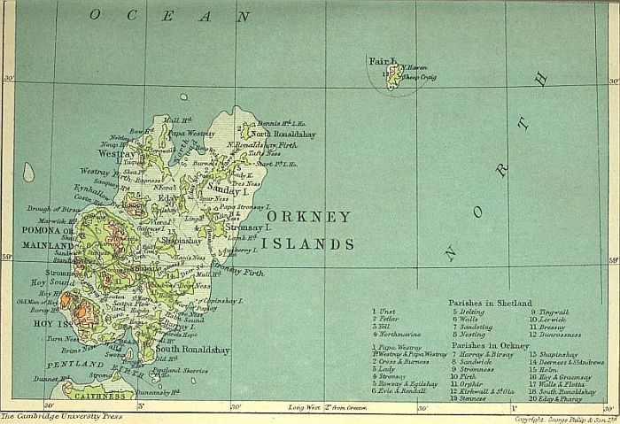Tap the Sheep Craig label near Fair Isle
tap(420, 77)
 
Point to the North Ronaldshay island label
tap(283, 134)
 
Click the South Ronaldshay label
tap(192, 351)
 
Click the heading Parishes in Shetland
tap(491, 302)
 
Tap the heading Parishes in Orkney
tap(490, 345)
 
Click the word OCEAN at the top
tap(169, 16)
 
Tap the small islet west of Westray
tap(28, 172)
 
